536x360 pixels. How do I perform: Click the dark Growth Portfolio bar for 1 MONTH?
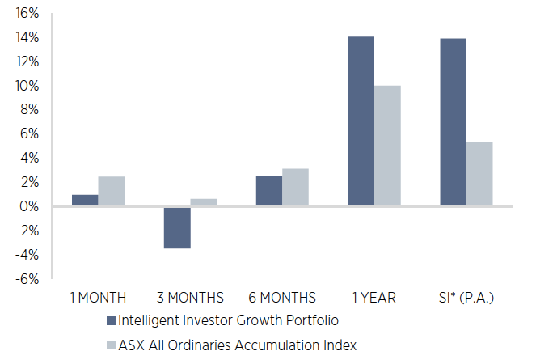click(85, 201)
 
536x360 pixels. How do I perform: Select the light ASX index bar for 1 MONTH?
click(111, 192)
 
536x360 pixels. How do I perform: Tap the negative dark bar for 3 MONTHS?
click(177, 227)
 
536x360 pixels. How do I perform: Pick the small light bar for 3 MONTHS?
click(203, 203)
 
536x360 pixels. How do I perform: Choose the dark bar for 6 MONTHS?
click(269, 191)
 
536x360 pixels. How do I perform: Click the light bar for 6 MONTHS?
click(295, 188)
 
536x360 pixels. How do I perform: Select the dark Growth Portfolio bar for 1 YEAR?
click(361, 121)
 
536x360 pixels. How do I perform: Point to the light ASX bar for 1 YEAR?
click(387, 146)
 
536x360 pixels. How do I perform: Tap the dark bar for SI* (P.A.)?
click(453, 122)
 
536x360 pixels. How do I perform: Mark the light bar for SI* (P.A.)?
click(479, 174)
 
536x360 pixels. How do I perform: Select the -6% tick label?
click(27, 279)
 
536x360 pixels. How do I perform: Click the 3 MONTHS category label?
click(190, 297)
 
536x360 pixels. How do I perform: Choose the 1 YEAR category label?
click(374, 297)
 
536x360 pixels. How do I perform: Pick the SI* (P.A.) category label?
click(466, 297)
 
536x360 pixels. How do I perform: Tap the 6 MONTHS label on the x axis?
click(282, 297)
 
